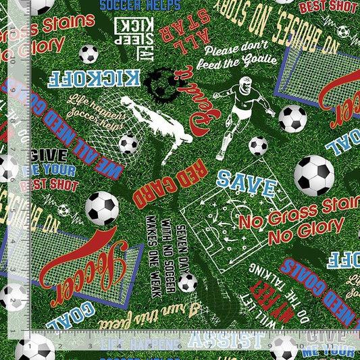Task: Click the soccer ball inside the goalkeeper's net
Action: click(x=128, y=143)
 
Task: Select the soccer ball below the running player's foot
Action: click(x=258, y=145)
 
